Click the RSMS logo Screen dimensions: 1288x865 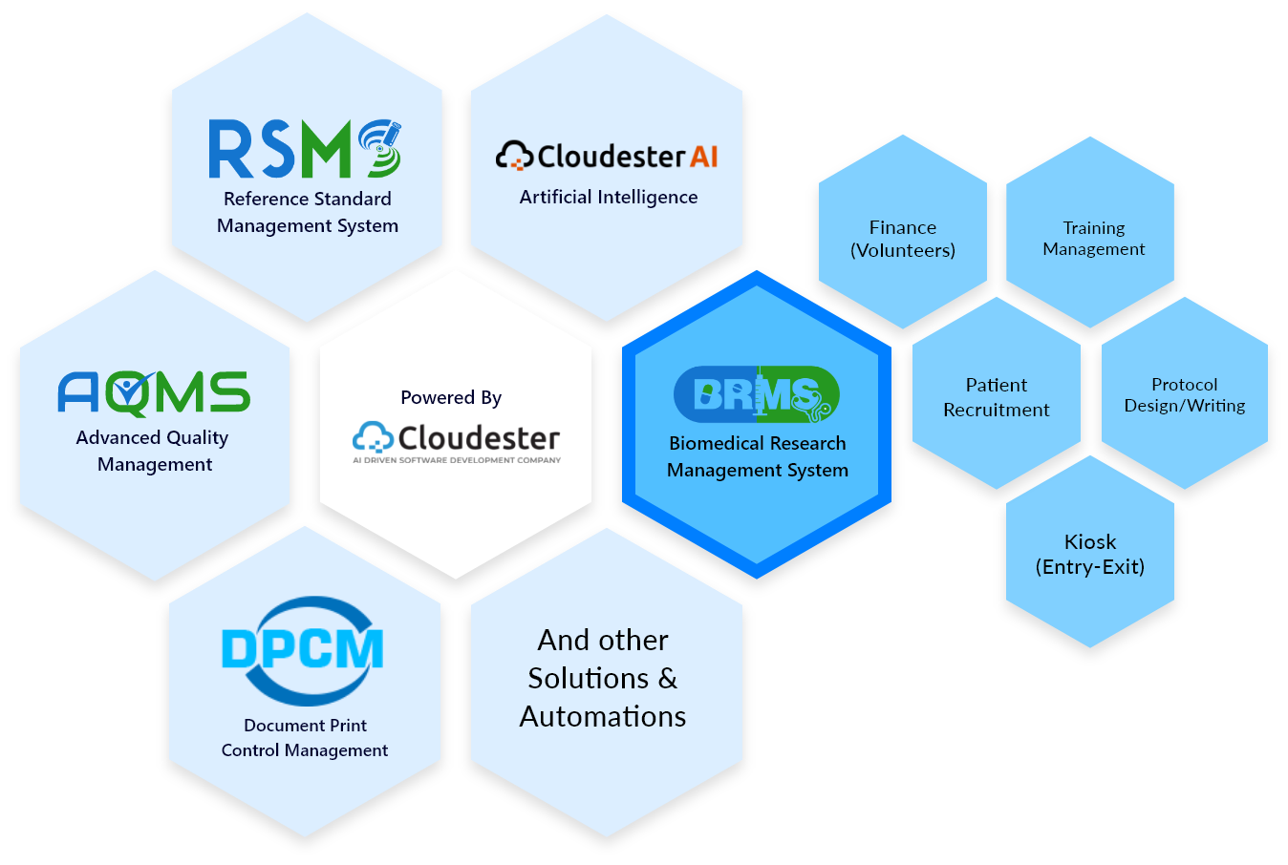(x=305, y=149)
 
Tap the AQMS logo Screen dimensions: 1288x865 (x=154, y=393)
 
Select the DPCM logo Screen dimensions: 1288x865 (x=303, y=650)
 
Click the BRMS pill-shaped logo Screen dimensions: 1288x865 (x=757, y=394)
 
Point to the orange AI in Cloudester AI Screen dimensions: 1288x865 (x=704, y=157)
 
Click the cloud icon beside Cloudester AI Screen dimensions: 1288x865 (x=514, y=155)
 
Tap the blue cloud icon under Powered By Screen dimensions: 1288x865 (x=374, y=436)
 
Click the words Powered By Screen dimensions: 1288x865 (x=451, y=397)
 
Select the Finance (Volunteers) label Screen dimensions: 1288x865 (x=903, y=239)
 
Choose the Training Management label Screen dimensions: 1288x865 (x=1094, y=239)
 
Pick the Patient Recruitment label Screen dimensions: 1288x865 (x=997, y=397)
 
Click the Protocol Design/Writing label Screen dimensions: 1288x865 (x=1185, y=395)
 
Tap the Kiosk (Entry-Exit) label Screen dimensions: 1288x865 (x=1090, y=555)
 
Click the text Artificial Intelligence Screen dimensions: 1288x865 (x=609, y=197)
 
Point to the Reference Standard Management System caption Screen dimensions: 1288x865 (x=308, y=212)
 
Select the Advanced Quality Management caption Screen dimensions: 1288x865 (x=154, y=451)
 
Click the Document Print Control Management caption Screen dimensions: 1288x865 (x=305, y=737)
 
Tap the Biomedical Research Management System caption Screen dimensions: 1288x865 (x=758, y=456)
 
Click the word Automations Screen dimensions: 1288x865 (x=603, y=717)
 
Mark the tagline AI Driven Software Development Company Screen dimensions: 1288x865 (x=457, y=460)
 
